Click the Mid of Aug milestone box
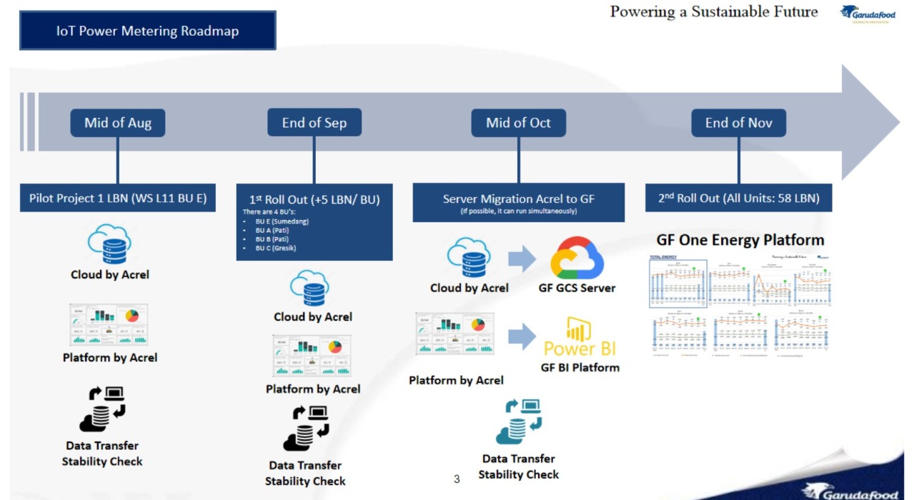coord(118,123)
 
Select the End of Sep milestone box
coord(314,123)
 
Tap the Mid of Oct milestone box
coord(518,123)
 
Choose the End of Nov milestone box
coord(739,123)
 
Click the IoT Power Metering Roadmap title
coord(147,31)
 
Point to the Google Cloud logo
coord(577,257)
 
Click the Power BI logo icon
coord(580,329)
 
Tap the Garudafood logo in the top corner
coord(868,14)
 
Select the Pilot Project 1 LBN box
coord(118,198)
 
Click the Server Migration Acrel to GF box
coord(518,202)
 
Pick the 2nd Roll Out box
coord(739,198)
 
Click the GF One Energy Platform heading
coord(740,240)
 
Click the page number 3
coord(457,479)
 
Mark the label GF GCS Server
coord(577,289)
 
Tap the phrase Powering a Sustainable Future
coord(714,11)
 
